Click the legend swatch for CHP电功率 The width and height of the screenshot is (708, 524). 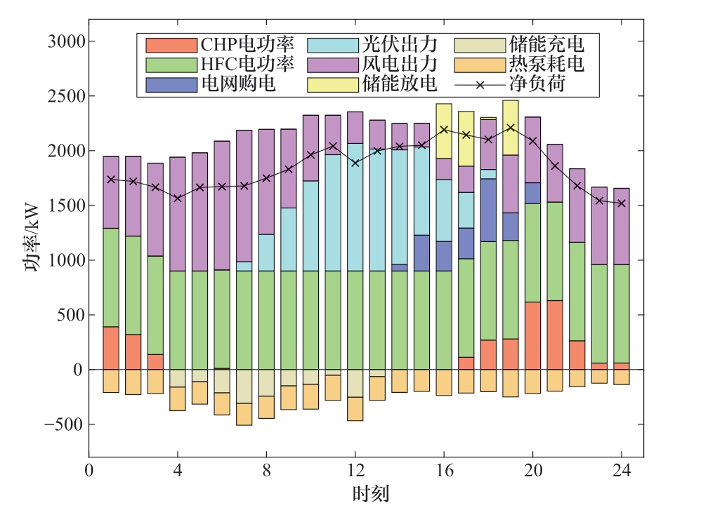pos(171,46)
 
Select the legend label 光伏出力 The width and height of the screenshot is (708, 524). pos(399,46)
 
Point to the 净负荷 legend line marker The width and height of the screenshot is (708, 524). pos(480,85)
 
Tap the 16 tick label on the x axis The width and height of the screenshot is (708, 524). pos(444,469)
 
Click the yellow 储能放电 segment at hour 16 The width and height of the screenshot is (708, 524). pos(444,131)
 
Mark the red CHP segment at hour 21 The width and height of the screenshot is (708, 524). pos(555,335)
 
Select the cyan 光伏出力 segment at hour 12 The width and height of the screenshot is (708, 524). pos(355,207)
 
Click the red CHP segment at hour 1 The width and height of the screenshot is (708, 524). pos(111,348)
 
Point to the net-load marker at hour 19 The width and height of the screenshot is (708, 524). pos(511,128)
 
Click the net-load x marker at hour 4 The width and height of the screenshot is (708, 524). pos(178,199)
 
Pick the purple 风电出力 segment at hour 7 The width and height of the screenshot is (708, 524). pos(244,196)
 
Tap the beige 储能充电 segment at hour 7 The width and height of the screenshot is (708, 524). pos(244,387)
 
